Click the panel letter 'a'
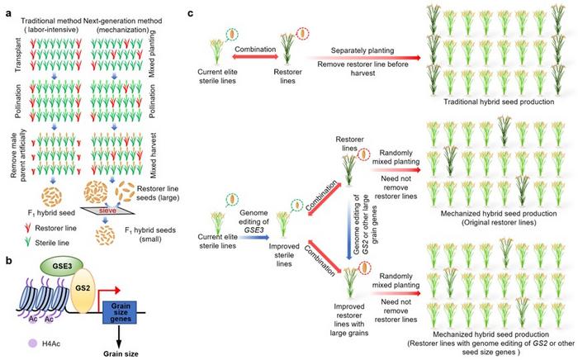(x=4, y=7)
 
